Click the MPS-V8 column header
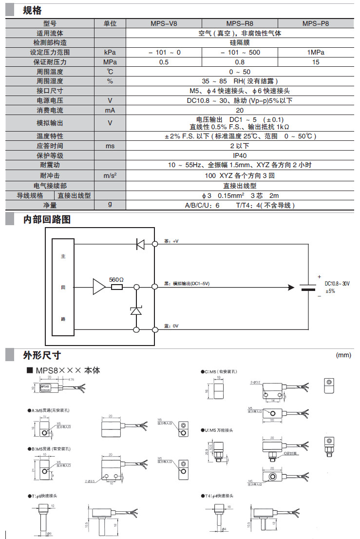pos(163,23)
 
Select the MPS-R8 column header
pos(240,23)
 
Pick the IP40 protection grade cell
pos(240,155)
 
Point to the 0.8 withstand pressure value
pos(240,62)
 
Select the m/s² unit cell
pos(110,175)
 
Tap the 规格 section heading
pos(33,10)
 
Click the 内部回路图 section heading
pos(47,219)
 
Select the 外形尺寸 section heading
pos(42,355)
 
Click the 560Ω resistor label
pos(116,279)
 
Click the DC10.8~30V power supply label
pos(337,283)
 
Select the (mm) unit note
pos(343,355)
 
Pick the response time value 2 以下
pos(240,146)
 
